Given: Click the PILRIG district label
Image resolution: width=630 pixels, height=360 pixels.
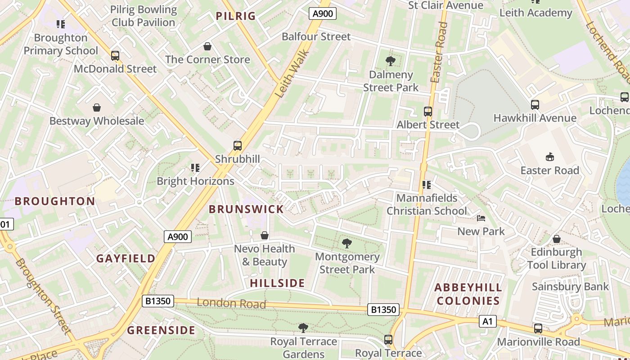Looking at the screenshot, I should coord(235,17).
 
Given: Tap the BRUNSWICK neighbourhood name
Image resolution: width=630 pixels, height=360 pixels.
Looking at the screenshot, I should coord(246,209).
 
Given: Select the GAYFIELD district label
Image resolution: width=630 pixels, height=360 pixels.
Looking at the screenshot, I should coord(126,259).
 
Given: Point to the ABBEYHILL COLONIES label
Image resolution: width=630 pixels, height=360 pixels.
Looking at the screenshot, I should coord(468,294).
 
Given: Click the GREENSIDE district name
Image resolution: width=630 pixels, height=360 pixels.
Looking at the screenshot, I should coord(161,331).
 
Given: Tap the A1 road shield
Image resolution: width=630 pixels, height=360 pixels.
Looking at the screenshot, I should coord(488,321).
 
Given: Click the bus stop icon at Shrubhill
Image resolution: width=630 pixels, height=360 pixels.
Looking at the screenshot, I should coord(237,146).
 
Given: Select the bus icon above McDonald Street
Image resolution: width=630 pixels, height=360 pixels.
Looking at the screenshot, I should coord(115,56).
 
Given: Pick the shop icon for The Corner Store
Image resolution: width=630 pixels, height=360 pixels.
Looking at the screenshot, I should coord(207,46).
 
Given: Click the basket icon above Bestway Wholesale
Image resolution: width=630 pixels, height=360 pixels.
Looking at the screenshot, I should coord(97,108).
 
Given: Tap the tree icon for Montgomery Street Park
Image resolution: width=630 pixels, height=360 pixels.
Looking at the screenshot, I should coord(346,243).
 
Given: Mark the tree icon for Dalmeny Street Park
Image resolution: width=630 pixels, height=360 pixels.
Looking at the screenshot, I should coord(391,61).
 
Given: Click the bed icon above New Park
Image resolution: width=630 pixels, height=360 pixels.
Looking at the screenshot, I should coord(481,219).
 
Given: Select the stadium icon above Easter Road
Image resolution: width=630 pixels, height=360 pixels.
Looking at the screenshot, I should coord(549,157).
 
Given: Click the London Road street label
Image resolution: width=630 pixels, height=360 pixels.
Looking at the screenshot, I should coord(231,303).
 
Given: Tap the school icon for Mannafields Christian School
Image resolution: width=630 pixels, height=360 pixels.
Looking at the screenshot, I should coord(427,184).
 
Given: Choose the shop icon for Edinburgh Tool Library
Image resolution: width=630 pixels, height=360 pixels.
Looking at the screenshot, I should coord(557,239).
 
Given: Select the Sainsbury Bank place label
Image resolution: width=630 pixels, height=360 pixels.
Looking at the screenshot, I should coord(570,287).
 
